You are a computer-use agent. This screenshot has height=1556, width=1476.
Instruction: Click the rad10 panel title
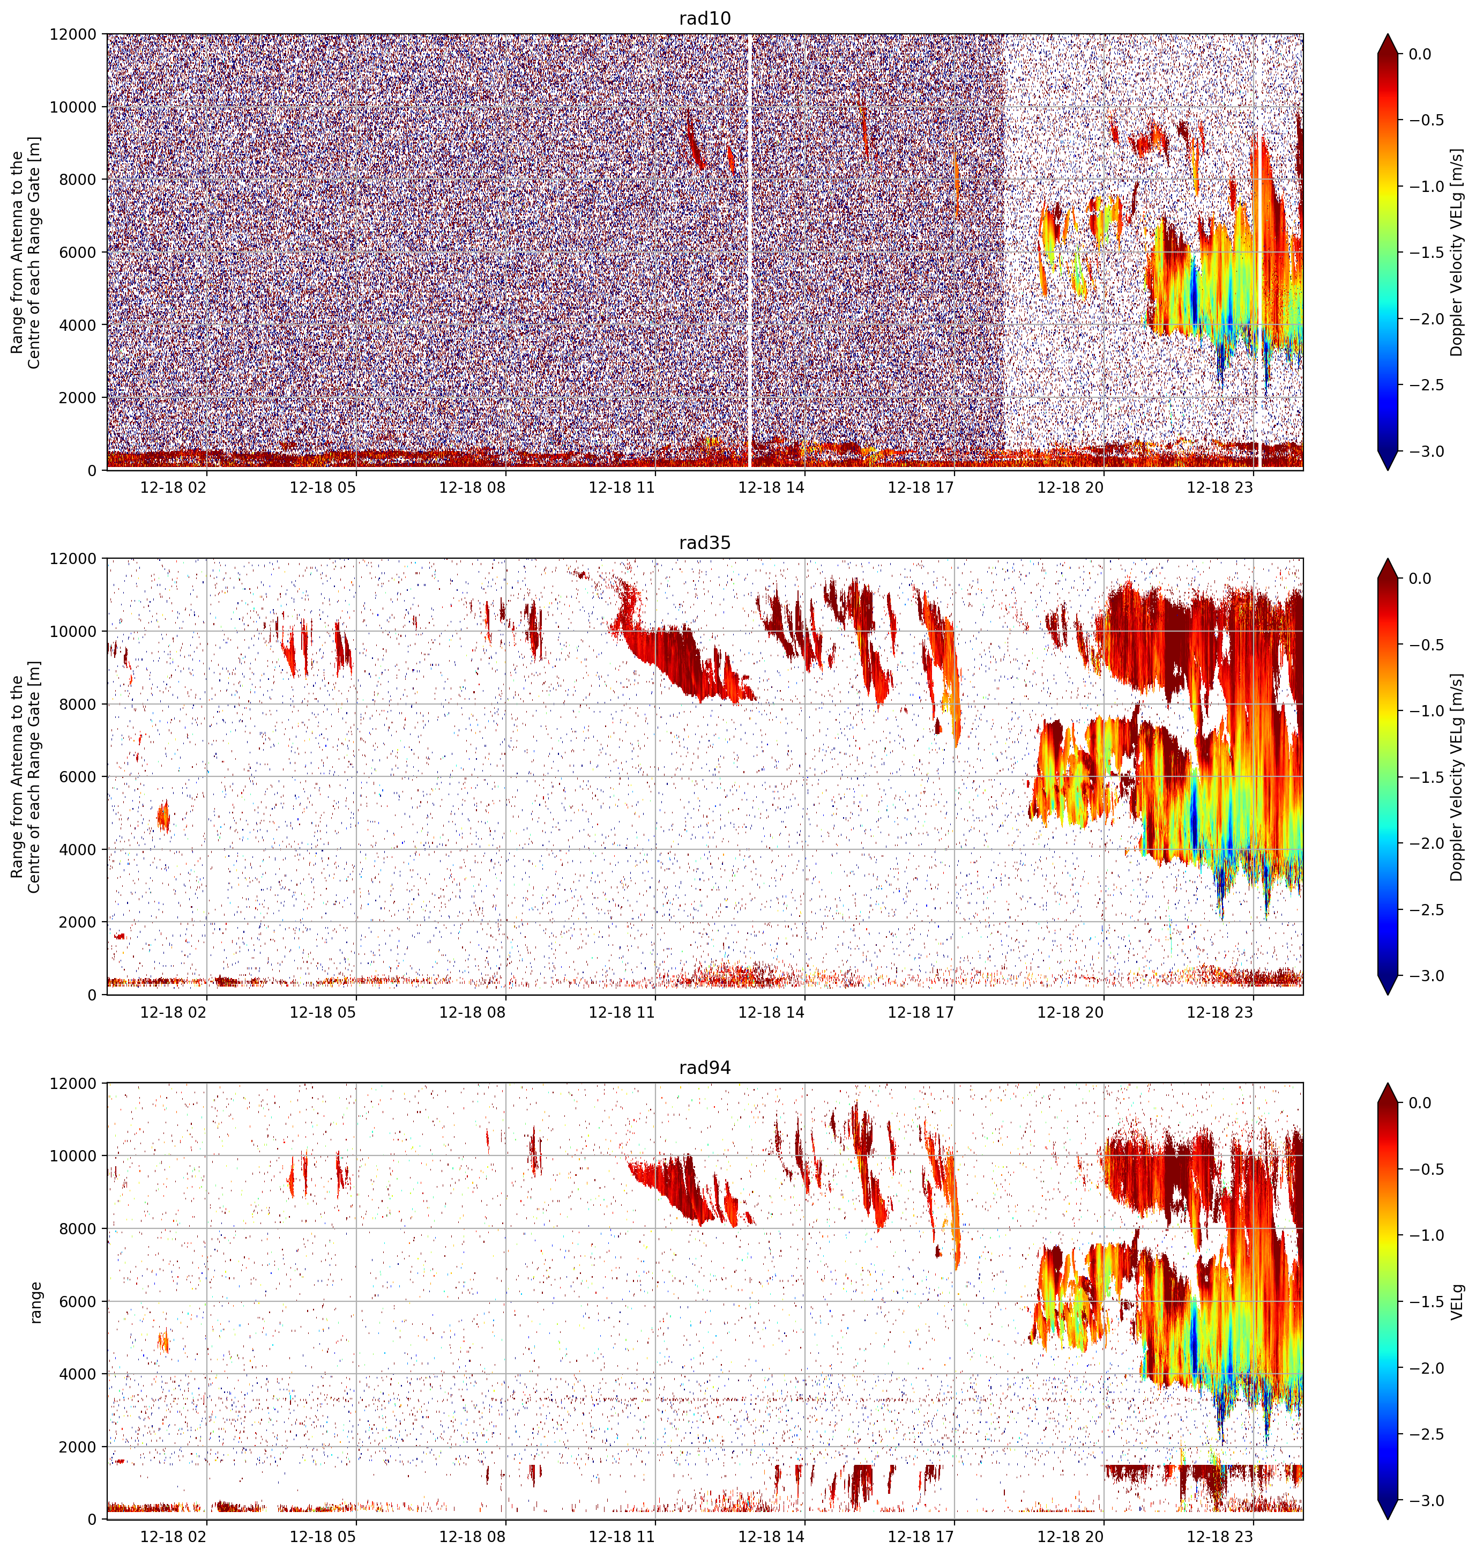[x=704, y=18]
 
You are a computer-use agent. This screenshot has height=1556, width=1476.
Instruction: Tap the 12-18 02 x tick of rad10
[x=173, y=487]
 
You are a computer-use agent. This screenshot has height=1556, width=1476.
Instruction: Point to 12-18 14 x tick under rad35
[x=771, y=1012]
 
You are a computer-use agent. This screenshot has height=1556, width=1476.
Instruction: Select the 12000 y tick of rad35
[x=74, y=559]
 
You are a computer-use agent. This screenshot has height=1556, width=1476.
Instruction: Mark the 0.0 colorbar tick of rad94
[x=1420, y=1103]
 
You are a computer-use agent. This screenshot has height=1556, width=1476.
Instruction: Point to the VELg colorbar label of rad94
[x=1458, y=1302]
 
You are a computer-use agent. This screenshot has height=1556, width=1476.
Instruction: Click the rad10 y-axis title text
[x=26, y=253]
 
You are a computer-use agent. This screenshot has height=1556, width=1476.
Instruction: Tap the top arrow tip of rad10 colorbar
[x=1388, y=34]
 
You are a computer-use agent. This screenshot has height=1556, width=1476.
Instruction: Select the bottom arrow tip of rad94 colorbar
[x=1388, y=1519]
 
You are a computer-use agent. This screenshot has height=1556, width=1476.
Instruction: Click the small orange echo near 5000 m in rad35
[x=163, y=816]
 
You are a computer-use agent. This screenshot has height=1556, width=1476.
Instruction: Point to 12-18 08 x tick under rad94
[x=472, y=1536]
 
